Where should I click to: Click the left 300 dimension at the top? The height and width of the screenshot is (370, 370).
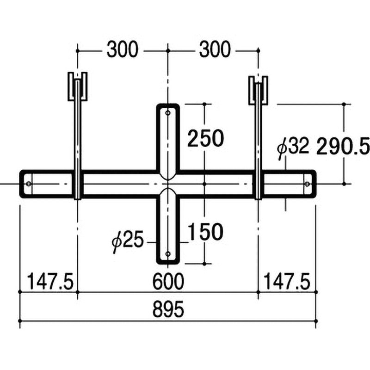122,49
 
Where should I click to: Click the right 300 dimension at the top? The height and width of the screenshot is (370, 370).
215,49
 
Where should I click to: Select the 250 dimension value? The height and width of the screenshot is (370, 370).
205,138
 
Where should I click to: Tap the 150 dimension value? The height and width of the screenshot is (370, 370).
205,232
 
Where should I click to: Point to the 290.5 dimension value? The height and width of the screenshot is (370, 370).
343,146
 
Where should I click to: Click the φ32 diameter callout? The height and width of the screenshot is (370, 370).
293,148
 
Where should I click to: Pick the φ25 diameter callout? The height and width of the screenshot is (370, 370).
128,241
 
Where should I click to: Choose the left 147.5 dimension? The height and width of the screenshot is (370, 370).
50,281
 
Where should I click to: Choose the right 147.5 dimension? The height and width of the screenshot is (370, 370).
286,281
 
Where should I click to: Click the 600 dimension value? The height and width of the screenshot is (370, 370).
168,281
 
